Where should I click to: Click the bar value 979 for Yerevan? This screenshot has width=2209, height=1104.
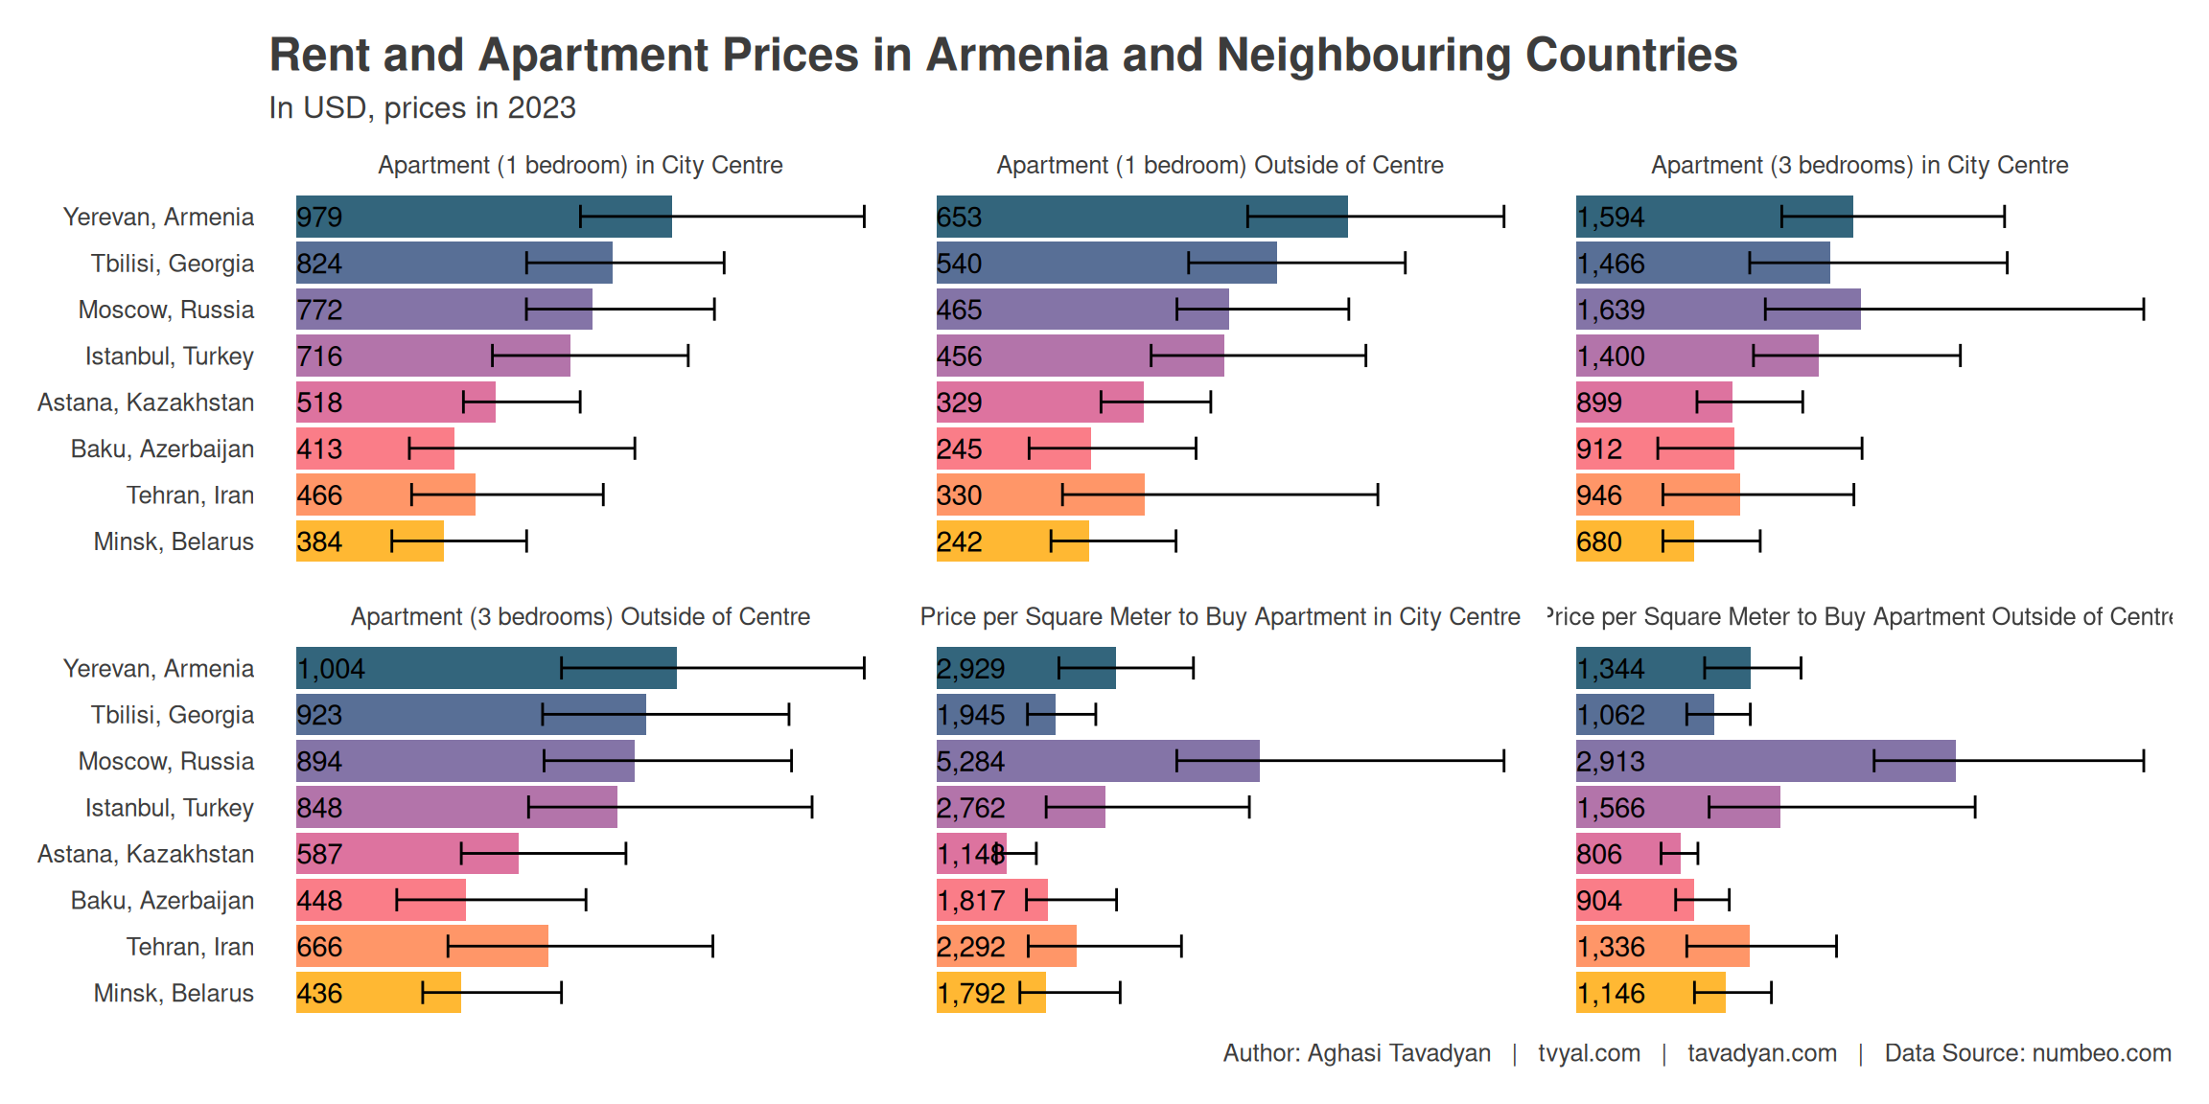tap(319, 218)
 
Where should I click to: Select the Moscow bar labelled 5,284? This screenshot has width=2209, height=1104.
tap(1097, 761)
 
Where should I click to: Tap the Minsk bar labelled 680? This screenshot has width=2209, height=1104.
tap(1634, 541)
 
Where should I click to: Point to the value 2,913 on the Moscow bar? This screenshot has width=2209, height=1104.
tap(1611, 762)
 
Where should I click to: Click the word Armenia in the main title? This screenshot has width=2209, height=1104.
tap(1016, 56)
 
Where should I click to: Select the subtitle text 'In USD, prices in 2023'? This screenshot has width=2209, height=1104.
tap(422, 108)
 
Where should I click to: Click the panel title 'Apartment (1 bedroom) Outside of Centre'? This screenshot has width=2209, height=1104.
tap(1220, 166)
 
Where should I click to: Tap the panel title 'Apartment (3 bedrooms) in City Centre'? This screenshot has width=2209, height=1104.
tap(1859, 166)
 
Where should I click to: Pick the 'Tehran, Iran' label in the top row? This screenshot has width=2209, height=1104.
tap(190, 495)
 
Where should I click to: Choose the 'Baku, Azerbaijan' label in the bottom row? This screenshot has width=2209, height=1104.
tap(162, 901)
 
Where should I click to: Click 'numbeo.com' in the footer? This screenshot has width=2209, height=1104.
tap(2102, 1053)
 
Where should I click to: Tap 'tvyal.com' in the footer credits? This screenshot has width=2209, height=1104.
tap(1589, 1053)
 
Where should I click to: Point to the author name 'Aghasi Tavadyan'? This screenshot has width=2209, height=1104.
tap(1399, 1053)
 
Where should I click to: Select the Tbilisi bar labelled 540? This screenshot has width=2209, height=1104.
tap(1105, 263)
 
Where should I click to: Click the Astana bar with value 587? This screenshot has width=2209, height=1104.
tap(407, 854)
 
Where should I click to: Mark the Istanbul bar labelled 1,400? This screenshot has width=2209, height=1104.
tap(1696, 356)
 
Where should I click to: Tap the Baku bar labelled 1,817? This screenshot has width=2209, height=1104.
tap(991, 900)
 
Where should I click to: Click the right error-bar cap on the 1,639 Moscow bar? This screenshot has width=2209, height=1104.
tap(2143, 310)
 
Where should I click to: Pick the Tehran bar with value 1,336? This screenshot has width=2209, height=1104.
tap(1662, 947)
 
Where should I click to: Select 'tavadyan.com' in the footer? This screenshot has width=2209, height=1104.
tap(1762, 1053)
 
